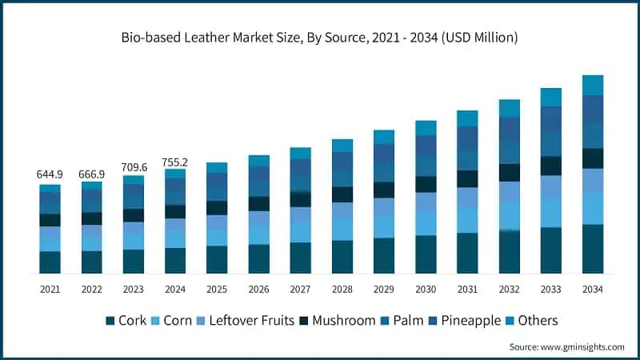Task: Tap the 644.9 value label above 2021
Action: pos(50,174)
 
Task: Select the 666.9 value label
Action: pos(91,174)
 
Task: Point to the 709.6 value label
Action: pos(133,167)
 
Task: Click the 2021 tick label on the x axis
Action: pos(50,289)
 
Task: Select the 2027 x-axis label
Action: pos(300,289)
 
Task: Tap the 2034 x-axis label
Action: pos(592,289)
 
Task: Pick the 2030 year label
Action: pos(426,289)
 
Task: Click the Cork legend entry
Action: pos(126,320)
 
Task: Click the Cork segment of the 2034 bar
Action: pos(592,249)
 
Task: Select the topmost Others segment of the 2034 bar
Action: pos(592,85)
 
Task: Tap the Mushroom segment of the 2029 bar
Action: pos(384,190)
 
